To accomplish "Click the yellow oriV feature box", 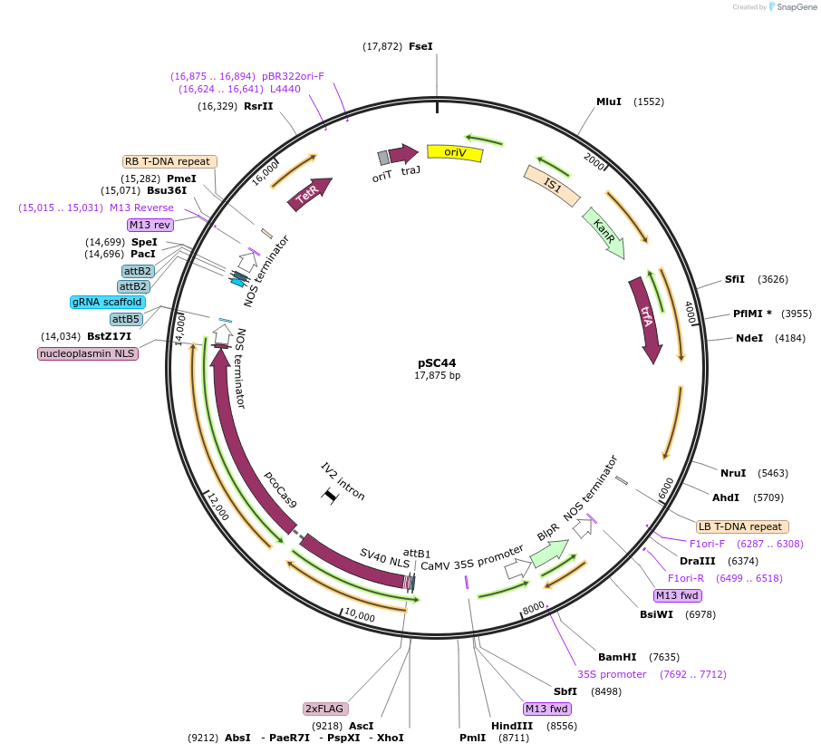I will [455, 153].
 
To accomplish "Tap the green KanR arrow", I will [604, 232].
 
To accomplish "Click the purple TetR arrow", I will [310, 194].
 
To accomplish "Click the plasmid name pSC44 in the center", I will [437, 362].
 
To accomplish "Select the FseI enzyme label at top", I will [420, 46].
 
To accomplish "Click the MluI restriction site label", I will [609, 101].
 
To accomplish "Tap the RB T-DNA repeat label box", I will [169, 161].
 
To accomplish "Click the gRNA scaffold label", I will [107, 302].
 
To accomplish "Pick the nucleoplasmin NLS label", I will [88, 353].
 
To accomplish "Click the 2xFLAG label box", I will [325, 709].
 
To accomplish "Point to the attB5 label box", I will [126, 319].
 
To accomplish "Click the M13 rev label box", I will [150, 225].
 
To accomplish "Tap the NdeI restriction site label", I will [749, 338].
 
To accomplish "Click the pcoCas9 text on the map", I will [281, 489].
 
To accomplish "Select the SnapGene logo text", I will [796, 7].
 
